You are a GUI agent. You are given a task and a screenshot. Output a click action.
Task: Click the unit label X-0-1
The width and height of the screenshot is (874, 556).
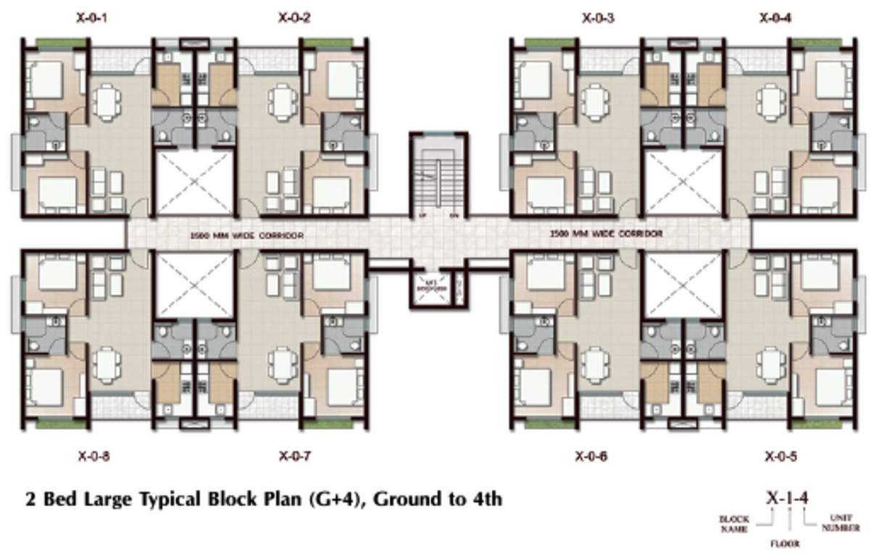click(x=92, y=17)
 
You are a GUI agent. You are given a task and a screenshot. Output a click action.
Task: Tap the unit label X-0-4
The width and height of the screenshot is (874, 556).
click(x=775, y=17)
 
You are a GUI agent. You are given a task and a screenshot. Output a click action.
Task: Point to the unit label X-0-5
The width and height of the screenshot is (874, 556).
click(x=781, y=456)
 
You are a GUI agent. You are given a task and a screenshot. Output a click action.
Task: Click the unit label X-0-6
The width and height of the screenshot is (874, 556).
click(x=591, y=456)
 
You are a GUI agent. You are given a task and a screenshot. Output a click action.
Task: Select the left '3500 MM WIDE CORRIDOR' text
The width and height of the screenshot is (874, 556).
click(x=246, y=235)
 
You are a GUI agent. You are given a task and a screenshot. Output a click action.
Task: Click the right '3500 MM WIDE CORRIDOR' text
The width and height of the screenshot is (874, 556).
click(x=606, y=234)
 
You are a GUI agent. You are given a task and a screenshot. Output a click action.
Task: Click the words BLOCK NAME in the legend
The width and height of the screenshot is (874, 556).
click(x=733, y=523)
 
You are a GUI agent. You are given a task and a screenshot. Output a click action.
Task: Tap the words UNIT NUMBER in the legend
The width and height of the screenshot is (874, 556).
click(x=841, y=523)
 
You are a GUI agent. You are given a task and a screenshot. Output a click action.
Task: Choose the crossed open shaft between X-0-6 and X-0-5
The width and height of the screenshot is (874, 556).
click(x=683, y=285)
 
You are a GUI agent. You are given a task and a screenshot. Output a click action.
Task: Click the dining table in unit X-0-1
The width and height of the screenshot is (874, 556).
click(x=107, y=101)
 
